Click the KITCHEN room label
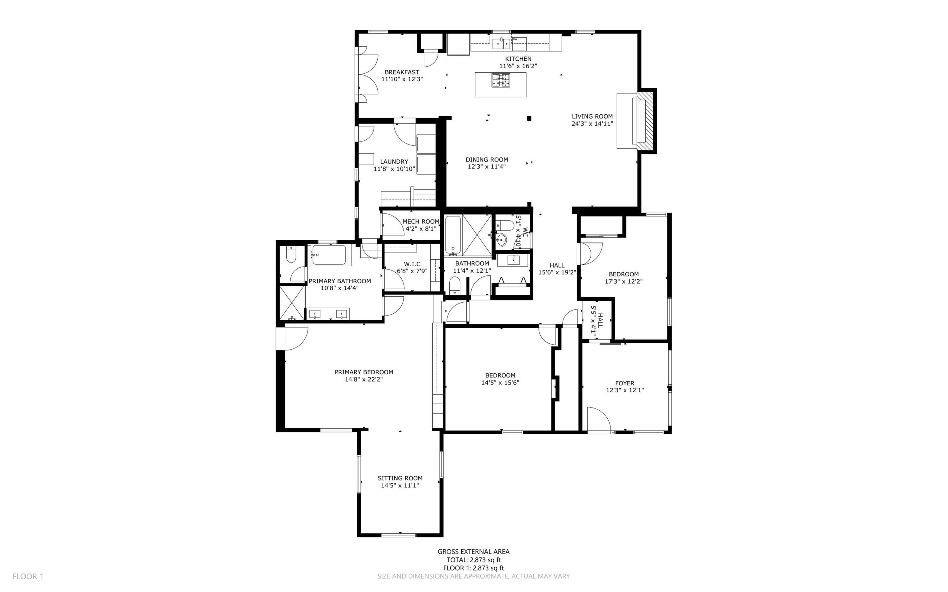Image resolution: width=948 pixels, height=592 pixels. [518, 59]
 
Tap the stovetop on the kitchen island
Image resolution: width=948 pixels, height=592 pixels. [501, 80]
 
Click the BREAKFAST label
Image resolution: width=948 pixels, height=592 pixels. [402, 72]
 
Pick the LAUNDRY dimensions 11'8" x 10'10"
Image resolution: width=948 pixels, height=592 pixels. [394, 169]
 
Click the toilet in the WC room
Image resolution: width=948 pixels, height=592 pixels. [504, 226]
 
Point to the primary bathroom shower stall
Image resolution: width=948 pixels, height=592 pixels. [292, 303]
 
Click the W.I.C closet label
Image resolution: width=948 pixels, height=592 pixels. [412, 264]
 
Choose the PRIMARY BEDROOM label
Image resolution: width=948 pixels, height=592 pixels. [364, 372]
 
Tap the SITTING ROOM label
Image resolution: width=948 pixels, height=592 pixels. [400, 478]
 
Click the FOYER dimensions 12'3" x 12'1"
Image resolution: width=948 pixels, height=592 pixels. [625, 390]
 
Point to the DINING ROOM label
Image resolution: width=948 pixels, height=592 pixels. [487, 159]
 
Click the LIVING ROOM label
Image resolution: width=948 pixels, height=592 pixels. [592, 116]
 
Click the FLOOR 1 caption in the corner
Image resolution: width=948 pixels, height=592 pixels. [28, 576]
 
